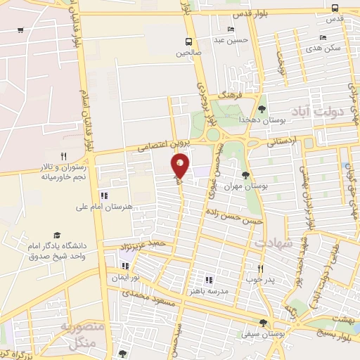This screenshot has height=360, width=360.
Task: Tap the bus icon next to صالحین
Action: click(188, 41)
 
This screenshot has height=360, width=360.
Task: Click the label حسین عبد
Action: click(231, 40)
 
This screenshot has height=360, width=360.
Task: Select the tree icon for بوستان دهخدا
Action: click(262, 109)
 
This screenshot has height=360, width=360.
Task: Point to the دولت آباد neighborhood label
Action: click(329, 112)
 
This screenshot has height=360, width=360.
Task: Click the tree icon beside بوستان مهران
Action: click(245, 175)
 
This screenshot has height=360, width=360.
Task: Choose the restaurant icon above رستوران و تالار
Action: click(63, 156)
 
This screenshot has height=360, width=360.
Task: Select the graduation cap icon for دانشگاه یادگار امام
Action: click(56, 236)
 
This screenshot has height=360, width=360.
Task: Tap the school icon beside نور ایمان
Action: click(125, 266)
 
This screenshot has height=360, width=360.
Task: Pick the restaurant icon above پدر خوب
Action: click(260, 269)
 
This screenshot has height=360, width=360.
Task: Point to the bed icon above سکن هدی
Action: click(323, 37)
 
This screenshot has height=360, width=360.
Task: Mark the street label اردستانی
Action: click(282, 142)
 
